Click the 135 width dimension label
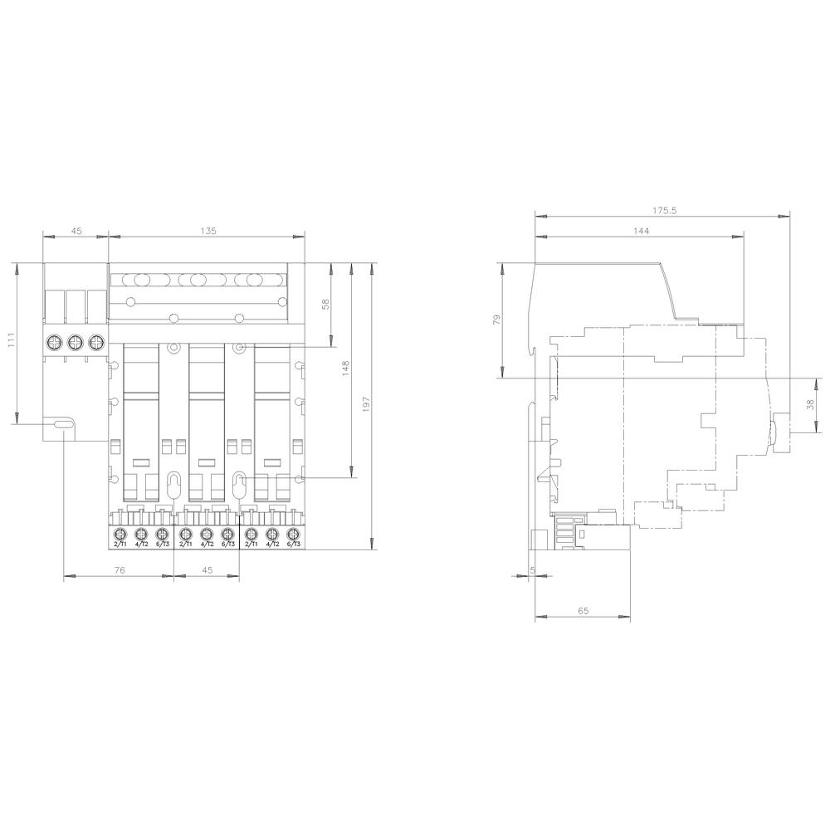(207, 231)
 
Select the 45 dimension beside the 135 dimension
(76, 231)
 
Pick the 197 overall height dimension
(366, 406)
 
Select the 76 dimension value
(119, 570)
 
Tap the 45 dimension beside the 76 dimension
(207, 570)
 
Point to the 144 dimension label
(640, 231)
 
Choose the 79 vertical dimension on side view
(496, 320)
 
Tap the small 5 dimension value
(532, 570)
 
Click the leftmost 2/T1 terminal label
(120, 544)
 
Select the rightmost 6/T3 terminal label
(292, 544)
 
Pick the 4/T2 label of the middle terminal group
(206, 544)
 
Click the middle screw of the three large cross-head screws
(76, 342)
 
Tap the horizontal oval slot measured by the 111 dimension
(62, 425)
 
